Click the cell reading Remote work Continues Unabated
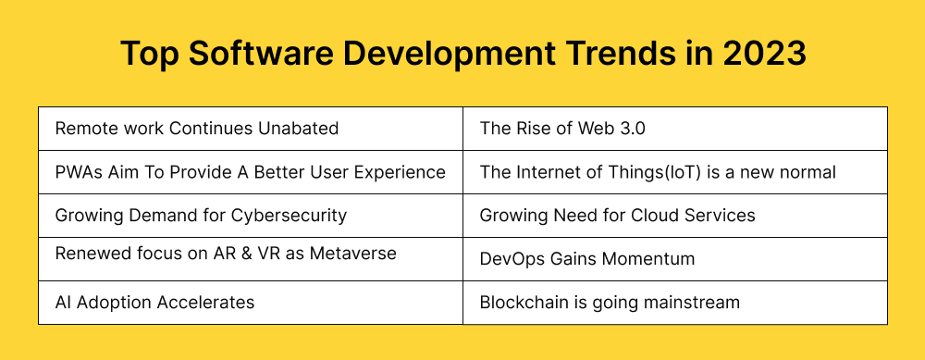(197, 129)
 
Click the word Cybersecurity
(292, 216)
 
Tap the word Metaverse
(353, 253)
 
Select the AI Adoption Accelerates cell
(154, 302)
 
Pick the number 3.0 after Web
(628, 129)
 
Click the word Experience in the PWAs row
(402, 172)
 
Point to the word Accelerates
(204, 302)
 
